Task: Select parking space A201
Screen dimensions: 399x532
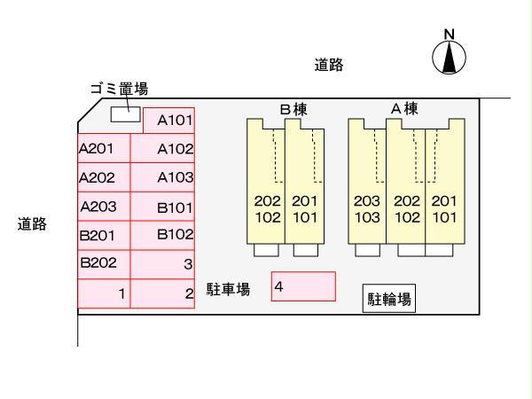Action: [104, 148]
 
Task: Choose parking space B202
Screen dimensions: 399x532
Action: [104, 263]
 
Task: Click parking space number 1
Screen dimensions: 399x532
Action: [104, 293]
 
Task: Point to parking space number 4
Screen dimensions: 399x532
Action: [304, 286]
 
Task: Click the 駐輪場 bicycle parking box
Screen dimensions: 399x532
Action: [389, 300]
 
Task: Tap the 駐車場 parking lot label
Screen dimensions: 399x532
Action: [228, 290]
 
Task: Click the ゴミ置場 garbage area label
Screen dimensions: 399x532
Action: [119, 89]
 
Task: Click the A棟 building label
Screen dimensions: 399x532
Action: [404, 108]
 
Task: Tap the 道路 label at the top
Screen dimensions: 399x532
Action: [329, 65]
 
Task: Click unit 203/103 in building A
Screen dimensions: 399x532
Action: [366, 208]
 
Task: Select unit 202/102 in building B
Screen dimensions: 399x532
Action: [267, 208]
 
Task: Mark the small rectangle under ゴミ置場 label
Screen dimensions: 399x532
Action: [125, 113]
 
